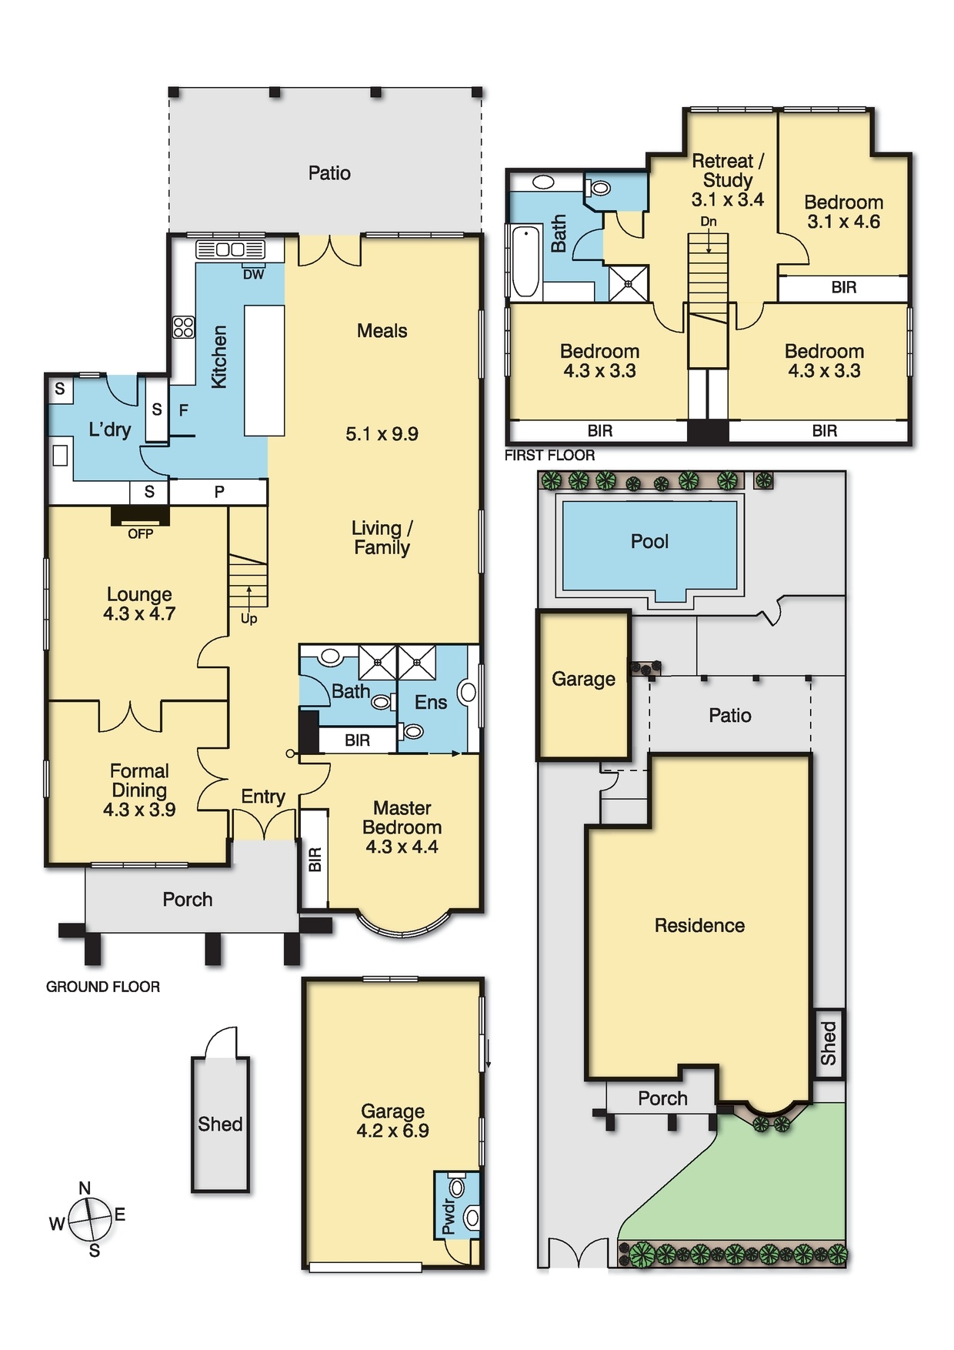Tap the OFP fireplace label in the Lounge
click(141, 533)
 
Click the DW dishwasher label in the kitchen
click(254, 274)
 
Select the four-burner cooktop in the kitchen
click(183, 327)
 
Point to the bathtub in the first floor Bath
click(526, 262)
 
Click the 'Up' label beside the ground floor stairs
click(249, 619)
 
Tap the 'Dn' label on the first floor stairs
click(709, 222)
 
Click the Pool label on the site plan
click(649, 541)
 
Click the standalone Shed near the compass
click(220, 1124)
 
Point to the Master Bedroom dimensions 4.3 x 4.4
click(402, 847)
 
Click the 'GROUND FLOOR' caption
click(103, 987)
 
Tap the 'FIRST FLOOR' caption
click(549, 456)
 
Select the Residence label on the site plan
click(699, 925)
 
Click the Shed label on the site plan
click(829, 1043)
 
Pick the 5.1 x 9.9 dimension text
click(382, 434)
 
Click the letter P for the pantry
click(219, 492)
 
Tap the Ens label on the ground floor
click(431, 702)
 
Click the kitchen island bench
click(265, 370)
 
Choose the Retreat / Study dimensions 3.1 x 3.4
click(728, 200)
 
